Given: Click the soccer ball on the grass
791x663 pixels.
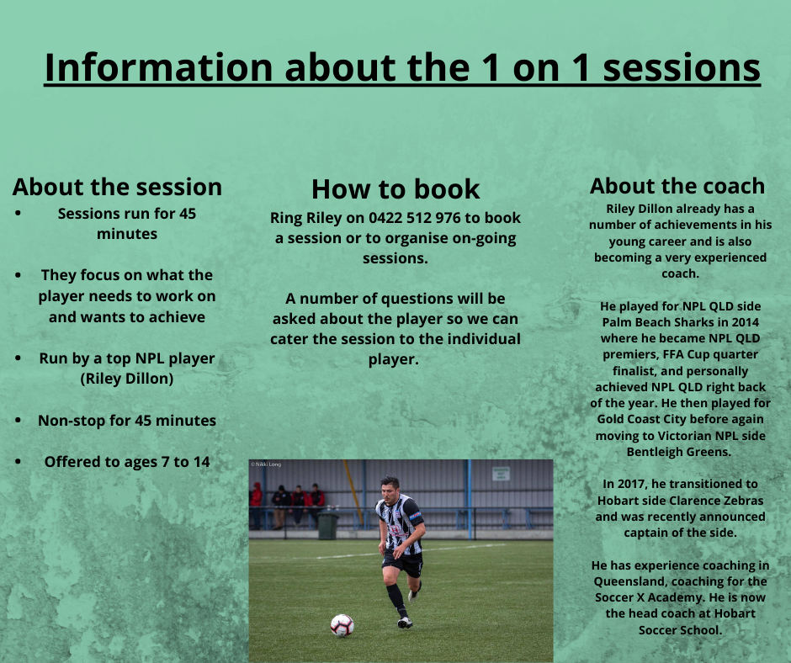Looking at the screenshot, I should [342, 624].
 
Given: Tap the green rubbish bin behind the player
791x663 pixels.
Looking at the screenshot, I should [327, 526].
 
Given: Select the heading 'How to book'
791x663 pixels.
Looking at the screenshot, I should [395, 188].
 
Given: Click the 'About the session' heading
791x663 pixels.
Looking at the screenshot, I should [117, 186].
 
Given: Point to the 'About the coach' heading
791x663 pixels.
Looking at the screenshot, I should [677, 185].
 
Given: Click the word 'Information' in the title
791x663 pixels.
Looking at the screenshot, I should [158, 67].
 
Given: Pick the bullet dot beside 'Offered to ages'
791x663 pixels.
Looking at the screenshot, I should [19, 461].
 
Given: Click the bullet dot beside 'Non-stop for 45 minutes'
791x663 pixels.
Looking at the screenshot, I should [19, 420].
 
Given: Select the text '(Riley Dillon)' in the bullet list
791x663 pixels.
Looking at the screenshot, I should [127, 378].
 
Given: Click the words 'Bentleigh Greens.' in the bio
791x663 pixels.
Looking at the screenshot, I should [679, 452].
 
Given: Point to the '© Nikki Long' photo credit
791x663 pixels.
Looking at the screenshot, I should [265, 464].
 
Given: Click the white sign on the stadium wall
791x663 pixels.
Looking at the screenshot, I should [501, 473].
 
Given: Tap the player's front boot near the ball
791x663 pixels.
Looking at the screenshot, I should [405, 623].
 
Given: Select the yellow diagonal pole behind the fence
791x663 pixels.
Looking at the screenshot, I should [354, 496].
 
